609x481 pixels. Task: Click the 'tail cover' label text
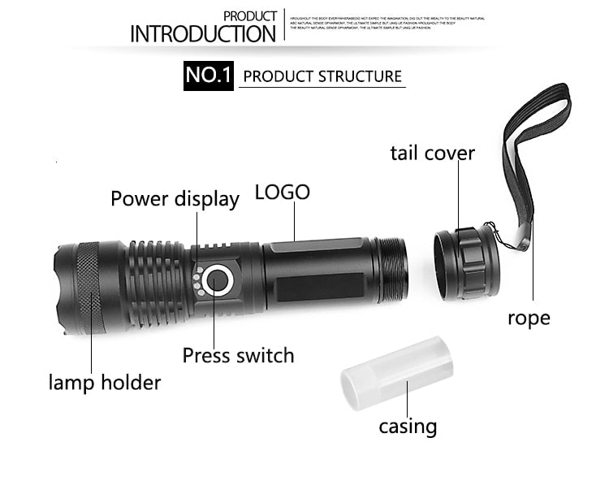point(432,153)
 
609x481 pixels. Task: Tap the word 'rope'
point(529,318)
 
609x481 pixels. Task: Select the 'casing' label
point(408,427)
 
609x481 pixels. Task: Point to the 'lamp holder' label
point(105,382)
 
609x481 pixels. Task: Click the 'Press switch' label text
point(238,355)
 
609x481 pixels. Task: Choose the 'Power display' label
point(175,199)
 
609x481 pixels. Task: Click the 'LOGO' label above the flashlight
point(283,193)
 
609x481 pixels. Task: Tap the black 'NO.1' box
point(209,76)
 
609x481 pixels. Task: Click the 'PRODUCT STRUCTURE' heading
point(322,77)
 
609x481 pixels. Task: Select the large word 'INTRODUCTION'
point(203,34)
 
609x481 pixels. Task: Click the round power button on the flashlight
point(218,281)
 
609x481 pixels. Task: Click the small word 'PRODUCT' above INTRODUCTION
point(250,16)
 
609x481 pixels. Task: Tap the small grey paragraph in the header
point(387,23)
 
